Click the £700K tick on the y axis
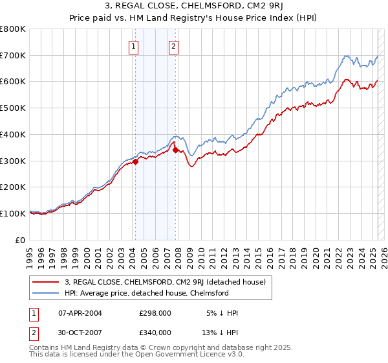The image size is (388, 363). (x=13, y=55)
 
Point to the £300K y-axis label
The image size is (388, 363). (x=13, y=161)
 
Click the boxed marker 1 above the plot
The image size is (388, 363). (x=134, y=46)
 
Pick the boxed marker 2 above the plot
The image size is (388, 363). (x=175, y=46)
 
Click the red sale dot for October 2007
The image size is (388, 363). (x=176, y=150)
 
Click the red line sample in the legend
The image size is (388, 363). (x=46, y=282)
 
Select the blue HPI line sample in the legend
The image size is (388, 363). (x=46, y=294)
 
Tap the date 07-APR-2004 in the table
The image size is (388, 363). (x=80, y=313)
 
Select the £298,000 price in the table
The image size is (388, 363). (x=155, y=313)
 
